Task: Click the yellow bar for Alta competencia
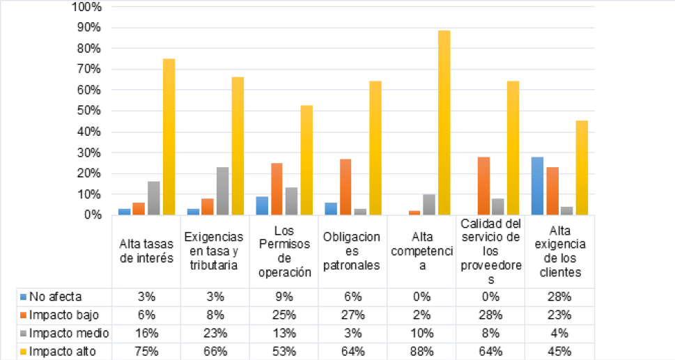(x=444, y=123)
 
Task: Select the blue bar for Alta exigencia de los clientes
(x=537, y=186)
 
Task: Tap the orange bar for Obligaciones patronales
(x=346, y=187)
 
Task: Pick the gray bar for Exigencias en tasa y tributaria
(x=222, y=191)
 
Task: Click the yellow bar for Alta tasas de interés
(x=169, y=136)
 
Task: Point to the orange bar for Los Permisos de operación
(x=277, y=189)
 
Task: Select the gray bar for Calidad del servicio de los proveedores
(x=497, y=207)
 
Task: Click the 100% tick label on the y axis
(x=87, y=7)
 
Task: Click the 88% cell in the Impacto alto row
(x=422, y=350)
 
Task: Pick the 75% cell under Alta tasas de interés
(x=146, y=350)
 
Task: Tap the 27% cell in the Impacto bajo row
(x=353, y=314)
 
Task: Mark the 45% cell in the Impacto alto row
(x=559, y=350)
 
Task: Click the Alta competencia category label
(x=422, y=252)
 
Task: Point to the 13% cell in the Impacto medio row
(x=284, y=332)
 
